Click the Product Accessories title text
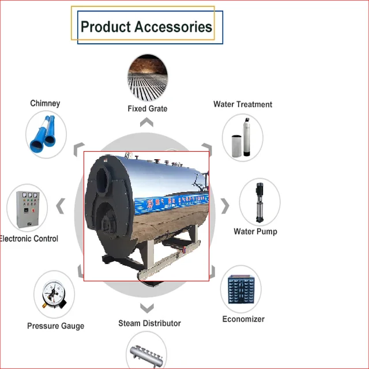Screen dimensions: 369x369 tap(146, 27)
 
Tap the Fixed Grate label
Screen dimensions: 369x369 tap(148, 108)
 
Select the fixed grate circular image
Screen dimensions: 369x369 tap(148, 77)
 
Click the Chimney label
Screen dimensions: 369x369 tap(45, 103)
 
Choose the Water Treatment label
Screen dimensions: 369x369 tap(243, 104)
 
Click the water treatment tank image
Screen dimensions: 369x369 tap(242, 137)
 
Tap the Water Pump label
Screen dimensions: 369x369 tap(255, 231)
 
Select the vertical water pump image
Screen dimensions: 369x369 tap(259, 202)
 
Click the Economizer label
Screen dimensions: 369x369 tap(243, 319)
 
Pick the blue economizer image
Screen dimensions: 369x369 tap(241, 290)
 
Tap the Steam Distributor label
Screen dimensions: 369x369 tap(149, 323)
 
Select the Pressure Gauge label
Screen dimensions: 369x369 tap(55, 326)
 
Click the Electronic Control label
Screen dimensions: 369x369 tap(29, 239)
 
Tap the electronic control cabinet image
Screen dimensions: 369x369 tap(27, 208)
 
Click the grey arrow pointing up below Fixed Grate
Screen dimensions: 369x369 tap(146, 122)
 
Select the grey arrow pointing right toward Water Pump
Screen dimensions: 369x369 tap(225, 206)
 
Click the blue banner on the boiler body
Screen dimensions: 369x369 tap(171, 203)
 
